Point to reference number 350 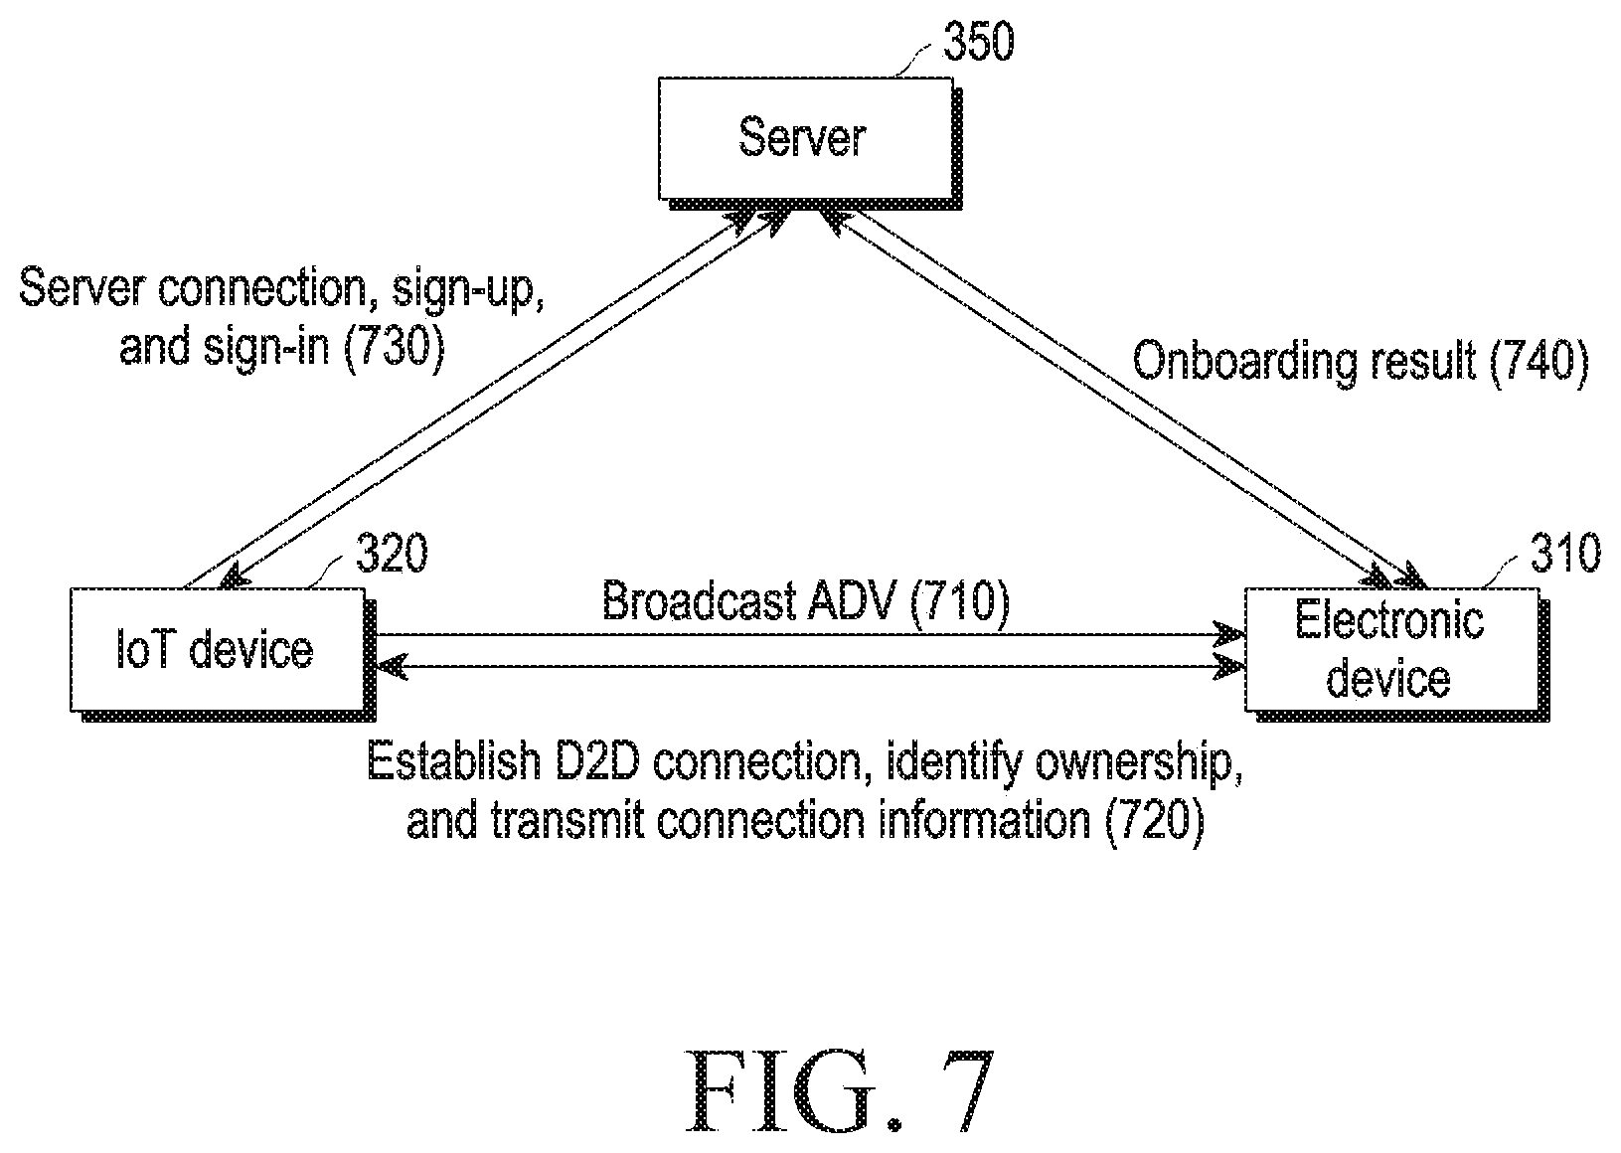(x=979, y=42)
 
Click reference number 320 (x=392, y=554)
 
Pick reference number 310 (x=1565, y=554)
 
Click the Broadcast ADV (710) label (x=805, y=600)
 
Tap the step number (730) (x=394, y=347)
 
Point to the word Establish (x=454, y=760)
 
